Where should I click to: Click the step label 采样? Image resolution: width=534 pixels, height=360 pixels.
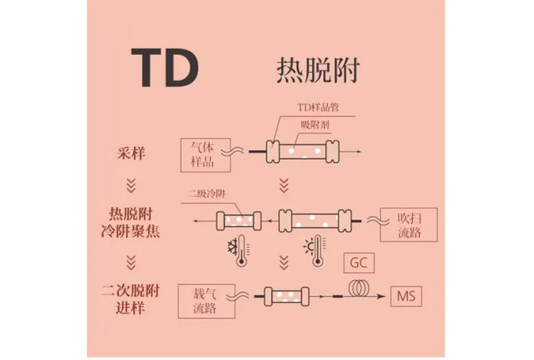129,152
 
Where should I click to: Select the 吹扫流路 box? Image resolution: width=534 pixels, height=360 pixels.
408,224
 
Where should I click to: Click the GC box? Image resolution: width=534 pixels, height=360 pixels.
359,264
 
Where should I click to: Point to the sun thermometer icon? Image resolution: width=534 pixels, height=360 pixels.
315,252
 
